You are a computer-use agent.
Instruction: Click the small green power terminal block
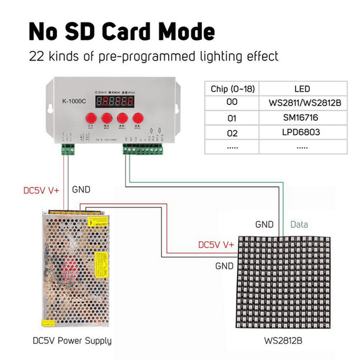67,149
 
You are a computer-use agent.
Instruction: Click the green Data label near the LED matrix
299,224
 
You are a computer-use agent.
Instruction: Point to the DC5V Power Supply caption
72,341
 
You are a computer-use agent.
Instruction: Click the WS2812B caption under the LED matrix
282,341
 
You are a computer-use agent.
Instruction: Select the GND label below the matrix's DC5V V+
224,266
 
